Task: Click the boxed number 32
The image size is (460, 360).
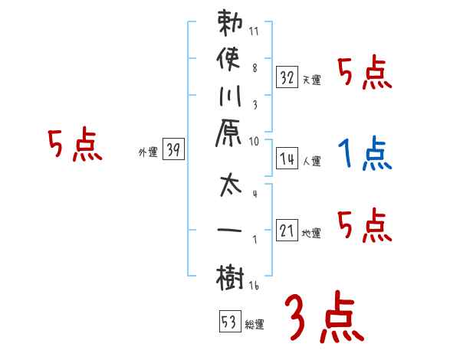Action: pyautogui.click(x=287, y=77)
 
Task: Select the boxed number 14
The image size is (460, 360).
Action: pyautogui.click(x=287, y=159)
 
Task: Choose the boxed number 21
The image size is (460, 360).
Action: pyautogui.click(x=287, y=231)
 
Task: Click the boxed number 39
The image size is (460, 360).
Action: pyautogui.click(x=173, y=150)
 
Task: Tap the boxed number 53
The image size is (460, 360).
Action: pyautogui.click(x=228, y=322)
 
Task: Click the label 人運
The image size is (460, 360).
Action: pyautogui.click(x=311, y=162)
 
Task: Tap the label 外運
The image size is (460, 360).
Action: pyautogui.click(x=148, y=152)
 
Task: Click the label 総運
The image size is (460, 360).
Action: pyautogui.click(x=254, y=325)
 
